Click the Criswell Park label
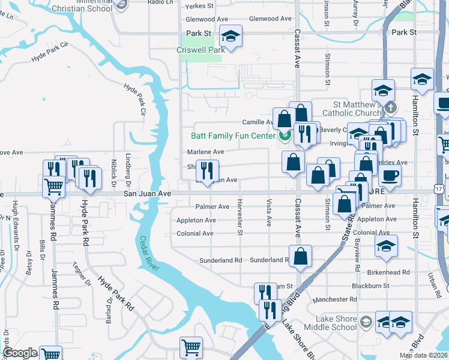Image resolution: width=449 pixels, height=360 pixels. click(x=200, y=50)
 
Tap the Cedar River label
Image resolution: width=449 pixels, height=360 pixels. click(x=149, y=253)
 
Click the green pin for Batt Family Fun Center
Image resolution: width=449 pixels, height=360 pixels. click(x=285, y=135)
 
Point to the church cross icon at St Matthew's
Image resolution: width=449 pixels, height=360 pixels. click(x=391, y=108)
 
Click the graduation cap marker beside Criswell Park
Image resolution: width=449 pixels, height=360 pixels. click(x=230, y=37)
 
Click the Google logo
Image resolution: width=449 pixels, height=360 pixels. click(x=20, y=353)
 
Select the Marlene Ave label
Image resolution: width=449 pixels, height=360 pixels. click(x=205, y=152)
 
